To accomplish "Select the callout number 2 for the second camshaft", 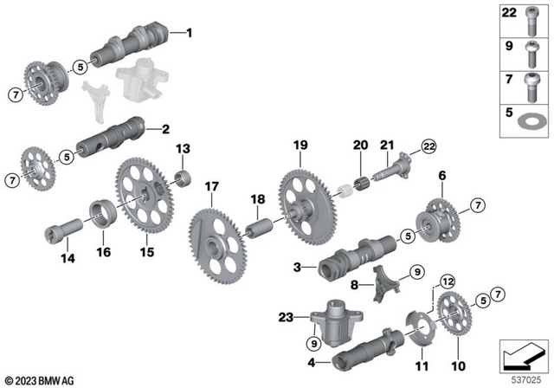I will (x=164, y=130).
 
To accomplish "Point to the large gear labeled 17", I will (x=213, y=239).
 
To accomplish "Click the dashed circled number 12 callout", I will (x=447, y=281).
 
